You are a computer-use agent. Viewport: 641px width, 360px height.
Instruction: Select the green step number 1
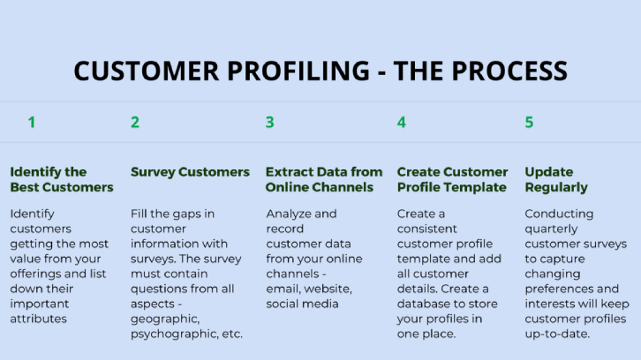(32, 123)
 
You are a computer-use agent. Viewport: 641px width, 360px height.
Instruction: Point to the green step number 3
(270, 123)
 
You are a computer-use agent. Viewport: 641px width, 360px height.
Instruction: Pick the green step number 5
(529, 123)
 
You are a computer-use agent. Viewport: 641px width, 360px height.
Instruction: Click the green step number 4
(402, 123)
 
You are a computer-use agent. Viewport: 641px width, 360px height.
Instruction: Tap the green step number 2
(135, 123)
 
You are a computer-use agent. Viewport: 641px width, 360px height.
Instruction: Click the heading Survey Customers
(190, 172)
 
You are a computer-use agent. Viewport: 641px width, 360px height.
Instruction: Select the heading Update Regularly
(555, 179)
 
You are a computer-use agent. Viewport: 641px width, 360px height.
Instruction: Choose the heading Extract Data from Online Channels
(324, 179)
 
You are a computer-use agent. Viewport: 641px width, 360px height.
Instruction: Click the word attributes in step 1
(39, 319)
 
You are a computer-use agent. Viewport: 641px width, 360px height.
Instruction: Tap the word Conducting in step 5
(559, 214)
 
